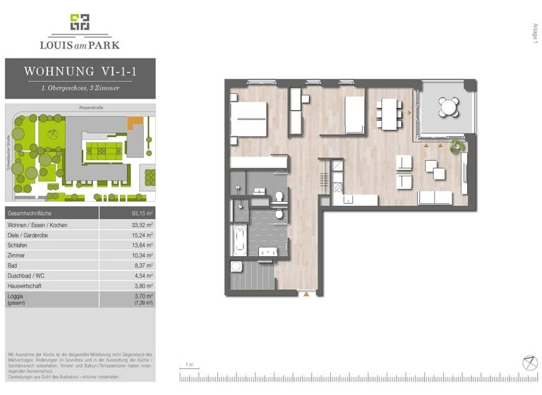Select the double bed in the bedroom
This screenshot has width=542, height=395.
248,119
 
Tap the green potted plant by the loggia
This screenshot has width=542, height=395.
457,146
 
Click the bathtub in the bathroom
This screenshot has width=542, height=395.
239,241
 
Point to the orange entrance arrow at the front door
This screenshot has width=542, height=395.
306,294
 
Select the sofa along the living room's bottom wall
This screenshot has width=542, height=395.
435,197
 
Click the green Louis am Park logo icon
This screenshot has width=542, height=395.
80,23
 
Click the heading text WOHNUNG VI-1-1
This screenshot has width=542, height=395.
80,71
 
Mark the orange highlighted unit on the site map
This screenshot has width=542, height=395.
134,122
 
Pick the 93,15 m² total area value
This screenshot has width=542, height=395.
143,213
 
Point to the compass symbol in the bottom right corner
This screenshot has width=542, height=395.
529,362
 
